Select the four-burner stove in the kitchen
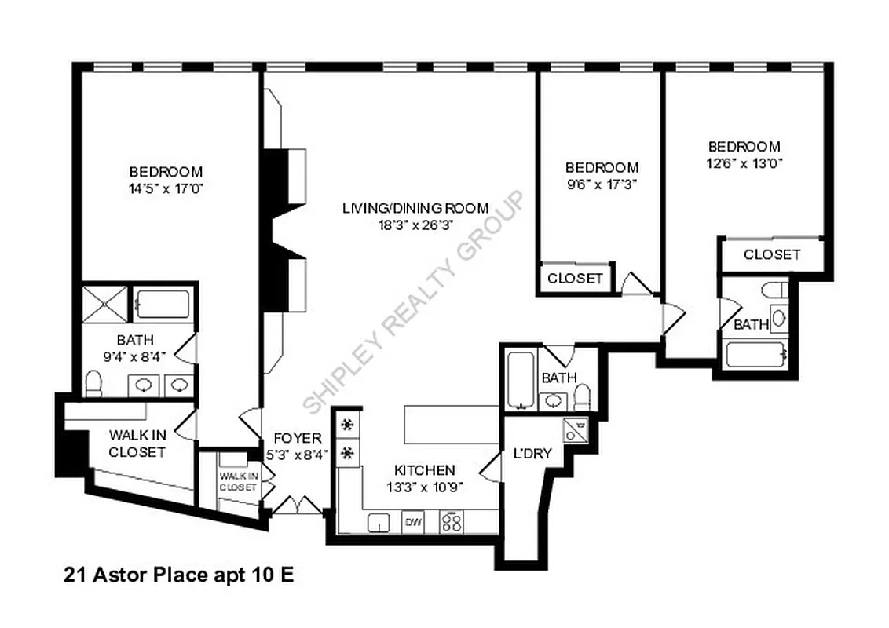click(x=452, y=522)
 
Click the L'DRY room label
click(x=532, y=453)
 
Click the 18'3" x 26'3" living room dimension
click(x=415, y=224)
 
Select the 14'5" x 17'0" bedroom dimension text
click(x=166, y=188)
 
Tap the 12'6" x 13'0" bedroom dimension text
click(x=744, y=162)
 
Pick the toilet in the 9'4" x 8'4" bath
click(x=93, y=384)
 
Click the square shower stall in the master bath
click(x=105, y=302)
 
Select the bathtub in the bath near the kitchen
click(x=520, y=380)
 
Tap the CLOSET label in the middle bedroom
click(x=575, y=279)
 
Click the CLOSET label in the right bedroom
click(x=772, y=254)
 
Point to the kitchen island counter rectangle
click(x=452, y=425)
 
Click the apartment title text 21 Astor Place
click(x=178, y=575)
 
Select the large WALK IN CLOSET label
click(x=137, y=444)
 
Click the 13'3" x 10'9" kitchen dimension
click(x=424, y=486)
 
